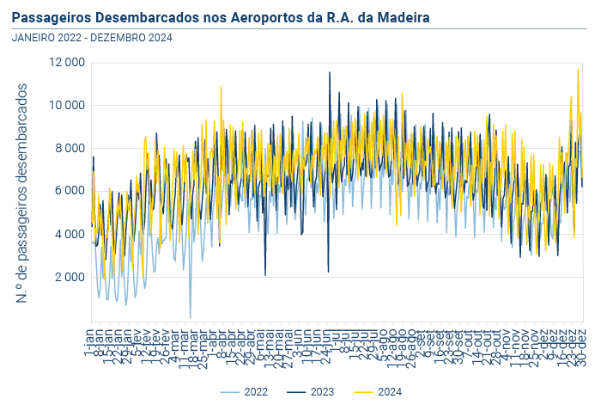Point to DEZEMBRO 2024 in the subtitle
tap(131, 37)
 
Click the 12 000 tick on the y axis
tap(67, 63)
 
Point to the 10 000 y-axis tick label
tap(67, 106)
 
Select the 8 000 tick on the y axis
tap(70, 148)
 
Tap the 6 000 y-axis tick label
tap(70, 191)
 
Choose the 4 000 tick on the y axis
tap(70, 234)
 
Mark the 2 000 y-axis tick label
tap(70, 277)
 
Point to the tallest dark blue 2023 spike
tap(330, 73)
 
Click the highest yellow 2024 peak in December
tap(578, 70)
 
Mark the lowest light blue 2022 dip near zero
tap(191, 316)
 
